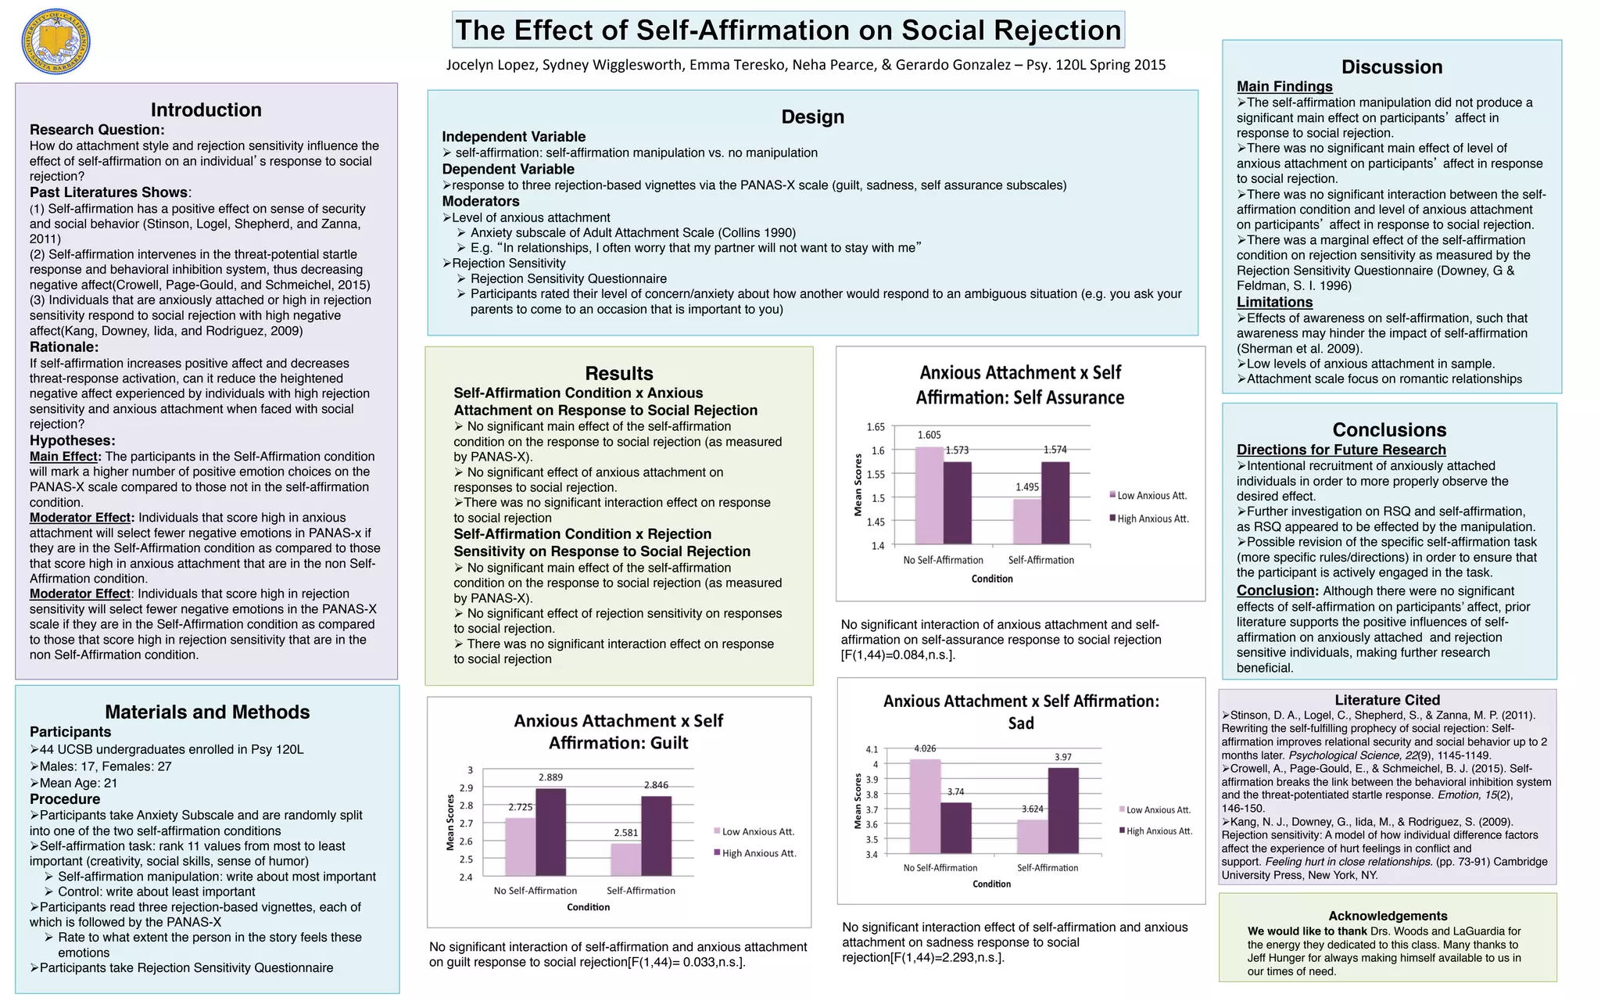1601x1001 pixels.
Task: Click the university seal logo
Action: tap(56, 42)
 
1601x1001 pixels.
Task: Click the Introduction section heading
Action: tap(206, 109)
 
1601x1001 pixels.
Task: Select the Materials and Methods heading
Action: tap(207, 712)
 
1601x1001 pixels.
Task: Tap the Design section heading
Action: tap(812, 117)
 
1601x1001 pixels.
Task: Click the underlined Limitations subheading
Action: tap(1274, 302)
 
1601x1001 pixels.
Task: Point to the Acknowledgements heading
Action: tap(1388, 916)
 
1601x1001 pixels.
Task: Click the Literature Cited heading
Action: tap(1387, 700)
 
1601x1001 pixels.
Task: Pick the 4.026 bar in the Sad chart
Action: tap(925, 805)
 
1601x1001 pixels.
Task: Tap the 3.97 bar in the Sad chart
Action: tap(1063, 810)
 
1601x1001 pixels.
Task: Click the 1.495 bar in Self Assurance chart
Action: tap(1026, 521)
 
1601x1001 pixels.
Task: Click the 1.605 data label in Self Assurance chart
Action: tap(929, 435)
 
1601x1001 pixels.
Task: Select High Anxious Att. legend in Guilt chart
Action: tap(758, 853)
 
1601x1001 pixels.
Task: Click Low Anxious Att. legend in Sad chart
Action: tap(1158, 809)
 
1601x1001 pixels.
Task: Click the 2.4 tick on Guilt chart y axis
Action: tap(465, 877)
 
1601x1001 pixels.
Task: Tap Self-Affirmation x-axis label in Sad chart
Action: tap(1048, 867)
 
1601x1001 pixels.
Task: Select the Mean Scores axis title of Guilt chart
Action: tap(450, 823)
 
